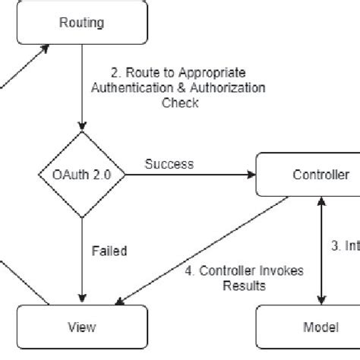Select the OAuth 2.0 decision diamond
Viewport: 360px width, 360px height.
81,175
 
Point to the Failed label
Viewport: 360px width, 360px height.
109,251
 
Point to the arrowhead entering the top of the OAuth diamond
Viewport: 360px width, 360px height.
81,126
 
